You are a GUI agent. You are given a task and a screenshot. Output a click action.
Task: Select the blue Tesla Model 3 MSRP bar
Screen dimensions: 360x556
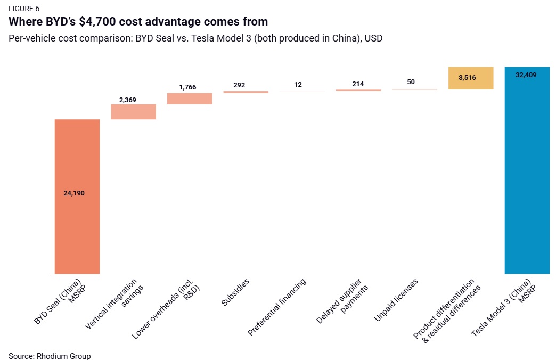coord(527,176)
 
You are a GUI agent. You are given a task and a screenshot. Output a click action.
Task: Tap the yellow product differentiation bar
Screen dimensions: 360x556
coord(471,78)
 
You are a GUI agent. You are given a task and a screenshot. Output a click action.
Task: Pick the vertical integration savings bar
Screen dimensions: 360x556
coord(133,112)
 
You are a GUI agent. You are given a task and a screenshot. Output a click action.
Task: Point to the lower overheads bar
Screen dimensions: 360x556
coord(190,99)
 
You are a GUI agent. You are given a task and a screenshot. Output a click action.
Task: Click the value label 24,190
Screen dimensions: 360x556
coord(74,193)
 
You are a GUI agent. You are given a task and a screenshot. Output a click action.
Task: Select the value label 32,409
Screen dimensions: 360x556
coord(526,75)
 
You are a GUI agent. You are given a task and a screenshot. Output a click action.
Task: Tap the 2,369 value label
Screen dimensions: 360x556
coord(128,100)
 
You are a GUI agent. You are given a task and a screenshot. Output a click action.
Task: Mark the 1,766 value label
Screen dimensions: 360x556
coord(187,87)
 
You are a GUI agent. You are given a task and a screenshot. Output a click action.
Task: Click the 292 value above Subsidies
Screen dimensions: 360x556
coord(239,85)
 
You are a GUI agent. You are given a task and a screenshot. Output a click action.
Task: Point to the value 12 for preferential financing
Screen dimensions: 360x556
coord(298,85)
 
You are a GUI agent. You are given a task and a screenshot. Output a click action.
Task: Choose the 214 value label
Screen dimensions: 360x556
coord(358,84)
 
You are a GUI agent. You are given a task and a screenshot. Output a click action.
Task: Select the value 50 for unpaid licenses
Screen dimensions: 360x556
coord(411,82)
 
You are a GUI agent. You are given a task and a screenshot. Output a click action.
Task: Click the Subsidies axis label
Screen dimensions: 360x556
coord(235,292)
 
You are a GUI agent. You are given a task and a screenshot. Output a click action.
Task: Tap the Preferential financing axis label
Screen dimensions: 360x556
coord(277,307)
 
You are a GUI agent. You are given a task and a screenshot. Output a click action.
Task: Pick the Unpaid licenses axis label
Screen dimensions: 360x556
coord(396,300)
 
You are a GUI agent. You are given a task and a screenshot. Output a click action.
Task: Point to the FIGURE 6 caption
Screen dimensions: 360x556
coord(24,9)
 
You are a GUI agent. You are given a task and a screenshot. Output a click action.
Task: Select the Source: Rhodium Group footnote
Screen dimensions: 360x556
coord(50,356)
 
